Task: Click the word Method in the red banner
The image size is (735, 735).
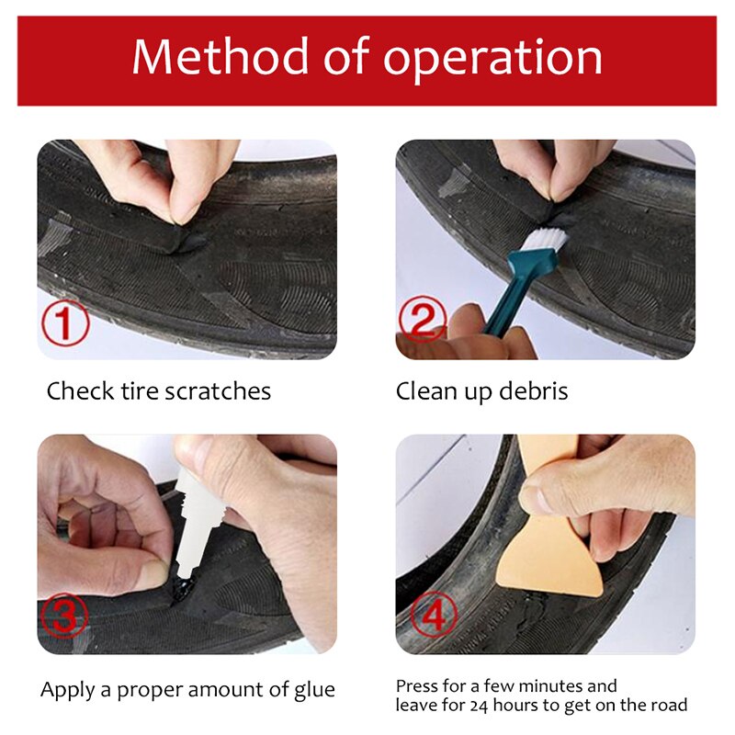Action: (220, 56)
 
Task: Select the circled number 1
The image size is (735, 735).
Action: (64, 323)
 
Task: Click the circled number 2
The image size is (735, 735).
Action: (423, 320)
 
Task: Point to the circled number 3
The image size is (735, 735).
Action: (64, 616)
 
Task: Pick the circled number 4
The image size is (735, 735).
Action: (434, 615)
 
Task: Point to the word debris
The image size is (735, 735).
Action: (534, 391)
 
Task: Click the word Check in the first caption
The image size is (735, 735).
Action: (80, 391)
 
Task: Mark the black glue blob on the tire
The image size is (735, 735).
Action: (183, 587)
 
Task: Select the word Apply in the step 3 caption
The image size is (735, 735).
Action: (68, 691)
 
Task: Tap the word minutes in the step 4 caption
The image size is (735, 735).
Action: (544, 686)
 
